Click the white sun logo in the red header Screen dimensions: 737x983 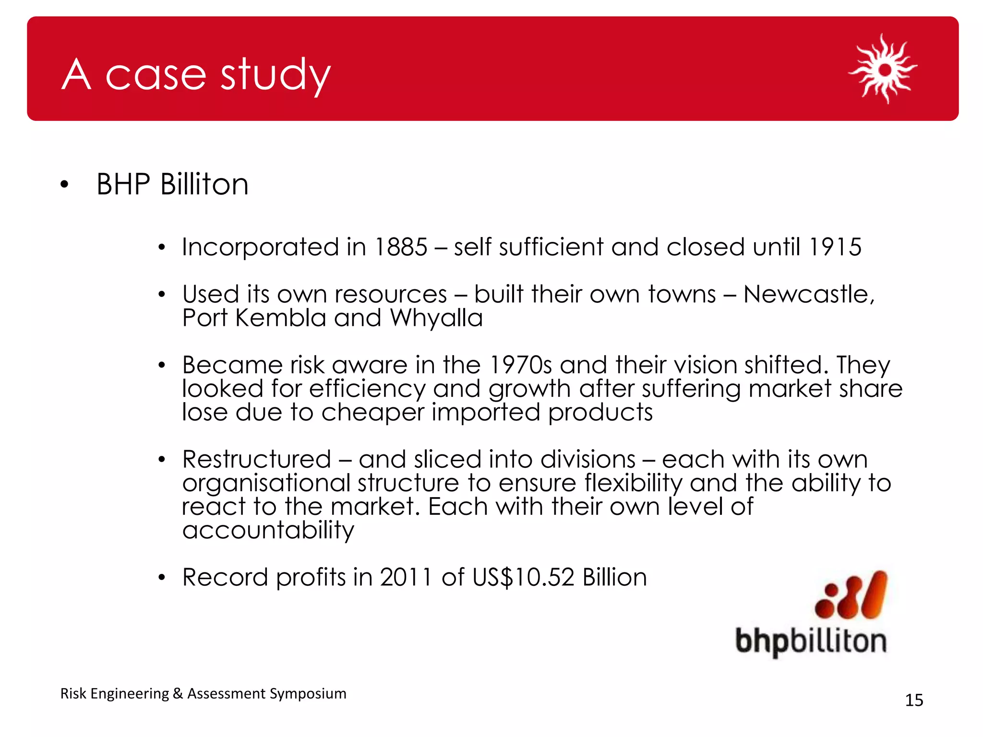click(883, 69)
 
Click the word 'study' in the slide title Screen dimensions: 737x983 click(276, 75)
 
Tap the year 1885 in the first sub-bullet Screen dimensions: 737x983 click(401, 248)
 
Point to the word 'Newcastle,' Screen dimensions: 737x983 click(809, 295)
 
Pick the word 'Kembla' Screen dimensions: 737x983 click(281, 318)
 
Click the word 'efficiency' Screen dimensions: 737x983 click(367, 389)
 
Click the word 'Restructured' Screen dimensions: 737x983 click(257, 460)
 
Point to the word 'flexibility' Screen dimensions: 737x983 click(633, 483)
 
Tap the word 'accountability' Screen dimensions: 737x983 click(268, 530)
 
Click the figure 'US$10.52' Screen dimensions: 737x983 click(523, 577)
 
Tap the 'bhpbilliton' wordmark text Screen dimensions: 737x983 click(811, 642)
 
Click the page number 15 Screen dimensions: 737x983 click(914, 701)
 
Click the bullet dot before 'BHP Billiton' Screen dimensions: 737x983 click(65, 185)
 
